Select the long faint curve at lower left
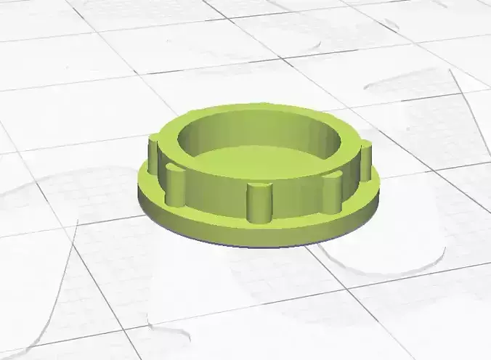click(54, 290)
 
